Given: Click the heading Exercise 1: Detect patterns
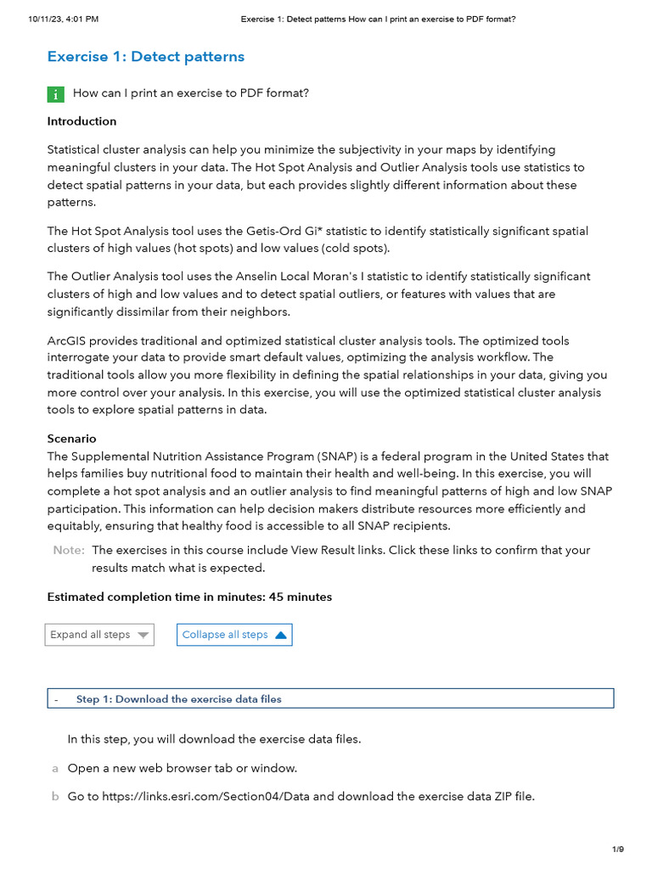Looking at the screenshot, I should pyautogui.click(x=145, y=57).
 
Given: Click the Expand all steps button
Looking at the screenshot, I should pyautogui.click(x=99, y=635).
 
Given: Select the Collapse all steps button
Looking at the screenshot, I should pyautogui.click(x=234, y=635).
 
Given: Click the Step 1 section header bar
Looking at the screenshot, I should pyautogui.click(x=330, y=698).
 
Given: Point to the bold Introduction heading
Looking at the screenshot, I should pyautogui.click(x=81, y=121).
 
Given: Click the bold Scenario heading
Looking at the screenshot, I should pyautogui.click(x=71, y=439).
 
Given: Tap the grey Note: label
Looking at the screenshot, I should pyautogui.click(x=69, y=550).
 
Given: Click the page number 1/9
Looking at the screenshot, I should pyautogui.click(x=617, y=849).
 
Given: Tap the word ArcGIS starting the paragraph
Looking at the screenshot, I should pyautogui.click(x=66, y=340).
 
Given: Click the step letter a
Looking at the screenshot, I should pyautogui.click(x=55, y=768).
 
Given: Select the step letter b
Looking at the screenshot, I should pyautogui.click(x=55, y=797).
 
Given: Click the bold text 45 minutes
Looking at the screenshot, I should pyautogui.click(x=301, y=597).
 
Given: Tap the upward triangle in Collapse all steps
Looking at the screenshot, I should pyautogui.click(x=281, y=635).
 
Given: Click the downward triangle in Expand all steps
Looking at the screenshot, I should pyautogui.click(x=143, y=635).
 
